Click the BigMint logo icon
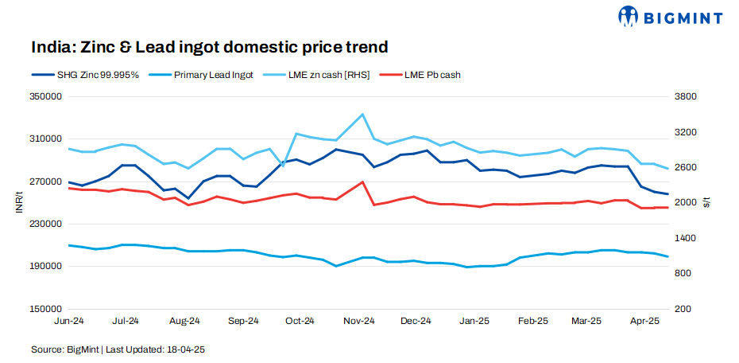pos(629,15)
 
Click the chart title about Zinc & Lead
pos(210,47)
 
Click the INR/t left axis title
pos(18,203)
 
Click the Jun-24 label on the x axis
pos(68,321)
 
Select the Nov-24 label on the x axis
pos(359,321)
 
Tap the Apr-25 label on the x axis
pos(644,321)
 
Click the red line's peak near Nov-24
pos(362,182)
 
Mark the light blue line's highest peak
pos(362,114)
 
